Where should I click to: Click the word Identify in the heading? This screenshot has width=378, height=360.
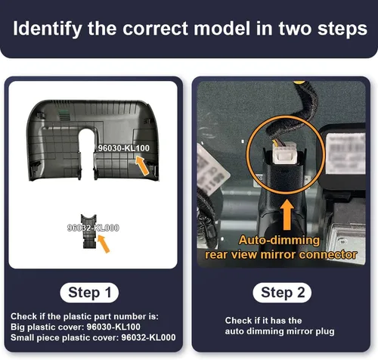(x=48, y=29)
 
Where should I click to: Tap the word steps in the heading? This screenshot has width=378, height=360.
(x=342, y=29)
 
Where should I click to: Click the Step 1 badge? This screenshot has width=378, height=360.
(x=89, y=293)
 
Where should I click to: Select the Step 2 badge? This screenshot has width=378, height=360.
(x=282, y=293)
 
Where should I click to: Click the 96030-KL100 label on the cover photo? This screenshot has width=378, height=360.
(x=123, y=148)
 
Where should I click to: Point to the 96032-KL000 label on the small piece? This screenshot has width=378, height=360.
(x=93, y=228)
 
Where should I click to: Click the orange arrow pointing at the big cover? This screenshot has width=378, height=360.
(x=142, y=166)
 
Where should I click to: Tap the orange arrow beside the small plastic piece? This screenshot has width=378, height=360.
(x=104, y=244)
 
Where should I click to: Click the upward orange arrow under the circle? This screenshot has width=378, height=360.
(x=287, y=215)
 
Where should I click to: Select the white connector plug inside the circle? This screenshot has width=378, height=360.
(x=283, y=154)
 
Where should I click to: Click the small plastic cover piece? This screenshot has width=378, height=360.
(x=88, y=231)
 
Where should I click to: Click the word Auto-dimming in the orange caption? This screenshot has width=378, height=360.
(x=279, y=240)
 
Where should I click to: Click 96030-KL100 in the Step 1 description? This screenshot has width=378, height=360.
(x=113, y=327)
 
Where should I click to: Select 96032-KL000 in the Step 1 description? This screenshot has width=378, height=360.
(x=148, y=337)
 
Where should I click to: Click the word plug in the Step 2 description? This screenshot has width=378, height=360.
(x=325, y=331)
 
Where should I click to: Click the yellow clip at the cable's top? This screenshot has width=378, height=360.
(x=299, y=82)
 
